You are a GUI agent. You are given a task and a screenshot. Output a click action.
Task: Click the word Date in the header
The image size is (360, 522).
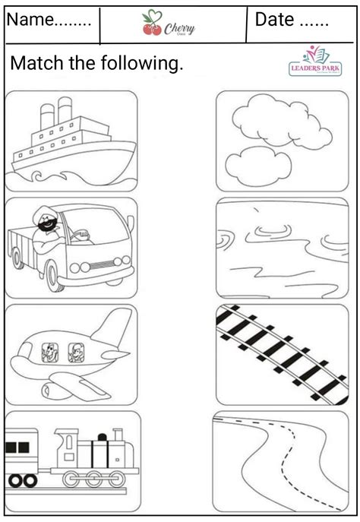pos(279,21)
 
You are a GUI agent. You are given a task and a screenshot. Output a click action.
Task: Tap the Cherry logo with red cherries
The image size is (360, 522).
pos(169,26)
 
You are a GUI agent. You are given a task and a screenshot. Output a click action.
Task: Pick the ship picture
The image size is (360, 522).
pos(71,141)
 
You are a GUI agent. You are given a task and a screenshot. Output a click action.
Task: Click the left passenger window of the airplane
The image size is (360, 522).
pos(49,353)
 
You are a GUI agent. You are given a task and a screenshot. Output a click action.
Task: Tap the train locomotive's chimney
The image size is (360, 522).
pos(116,435)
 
